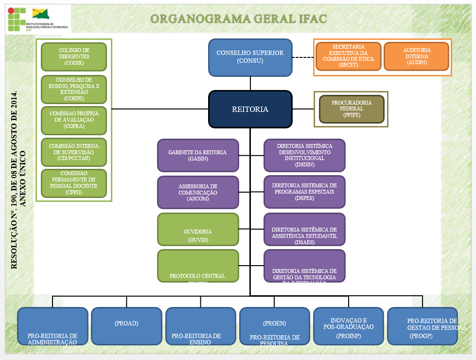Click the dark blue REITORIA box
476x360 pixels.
(250, 109)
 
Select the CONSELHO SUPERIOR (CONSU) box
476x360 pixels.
(250, 57)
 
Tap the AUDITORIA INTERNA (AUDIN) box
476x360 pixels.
(417, 56)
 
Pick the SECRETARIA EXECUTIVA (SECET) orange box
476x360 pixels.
(348, 56)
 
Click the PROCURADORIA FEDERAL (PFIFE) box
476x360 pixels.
(352, 109)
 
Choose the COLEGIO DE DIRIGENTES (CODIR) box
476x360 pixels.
(74, 56)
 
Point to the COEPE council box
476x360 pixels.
(74, 89)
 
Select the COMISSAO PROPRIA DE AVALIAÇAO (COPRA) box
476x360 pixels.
(74, 120)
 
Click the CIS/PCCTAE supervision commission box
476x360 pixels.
(74, 152)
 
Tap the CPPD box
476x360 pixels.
(74, 183)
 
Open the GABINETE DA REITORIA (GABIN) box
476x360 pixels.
(198, 155)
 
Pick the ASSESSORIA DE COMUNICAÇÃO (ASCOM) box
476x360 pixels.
(198, 192)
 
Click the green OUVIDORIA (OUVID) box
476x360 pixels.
(198, 229)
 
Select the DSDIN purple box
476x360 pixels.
(304, 155)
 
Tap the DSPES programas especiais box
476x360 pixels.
(304, 192)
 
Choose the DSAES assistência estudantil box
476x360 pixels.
(304, 229)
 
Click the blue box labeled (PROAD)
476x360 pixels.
(126, 325)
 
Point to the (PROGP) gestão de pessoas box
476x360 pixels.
(422, 325)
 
